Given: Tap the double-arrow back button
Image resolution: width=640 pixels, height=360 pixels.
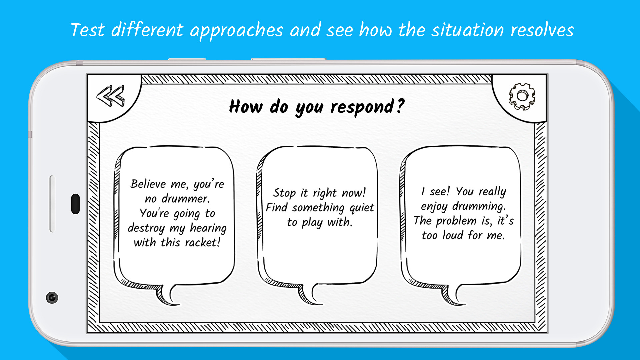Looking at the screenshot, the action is (110, 96).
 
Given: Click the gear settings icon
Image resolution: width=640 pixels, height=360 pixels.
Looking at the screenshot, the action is (522, 96).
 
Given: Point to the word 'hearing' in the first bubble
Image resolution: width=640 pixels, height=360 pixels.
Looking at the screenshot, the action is (208, 228).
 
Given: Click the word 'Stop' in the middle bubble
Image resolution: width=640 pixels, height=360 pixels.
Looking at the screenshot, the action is (284, 193).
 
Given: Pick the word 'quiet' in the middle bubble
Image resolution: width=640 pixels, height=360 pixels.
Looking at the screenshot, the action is (362, 208).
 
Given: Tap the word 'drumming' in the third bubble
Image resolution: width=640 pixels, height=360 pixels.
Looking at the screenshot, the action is (479, 206).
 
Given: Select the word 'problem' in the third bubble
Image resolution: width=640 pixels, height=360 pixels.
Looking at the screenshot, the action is (456, 221).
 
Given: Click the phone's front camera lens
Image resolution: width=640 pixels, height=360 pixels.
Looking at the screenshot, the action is (52, 297).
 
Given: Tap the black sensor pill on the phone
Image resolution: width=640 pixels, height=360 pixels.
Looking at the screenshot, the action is (76, 204).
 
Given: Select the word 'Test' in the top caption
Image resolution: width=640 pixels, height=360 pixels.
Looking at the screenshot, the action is (88, 30).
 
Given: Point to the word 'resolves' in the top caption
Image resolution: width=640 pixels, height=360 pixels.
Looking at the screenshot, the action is (542, 30).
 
